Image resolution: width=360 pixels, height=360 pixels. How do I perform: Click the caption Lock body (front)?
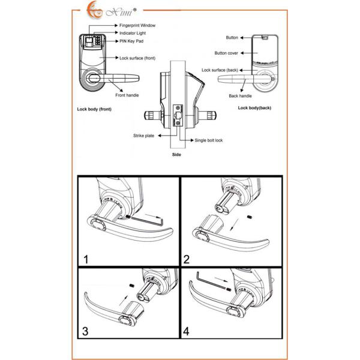94,110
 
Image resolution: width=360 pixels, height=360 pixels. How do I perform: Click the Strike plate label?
143,136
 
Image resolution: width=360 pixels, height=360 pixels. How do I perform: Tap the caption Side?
177,154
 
